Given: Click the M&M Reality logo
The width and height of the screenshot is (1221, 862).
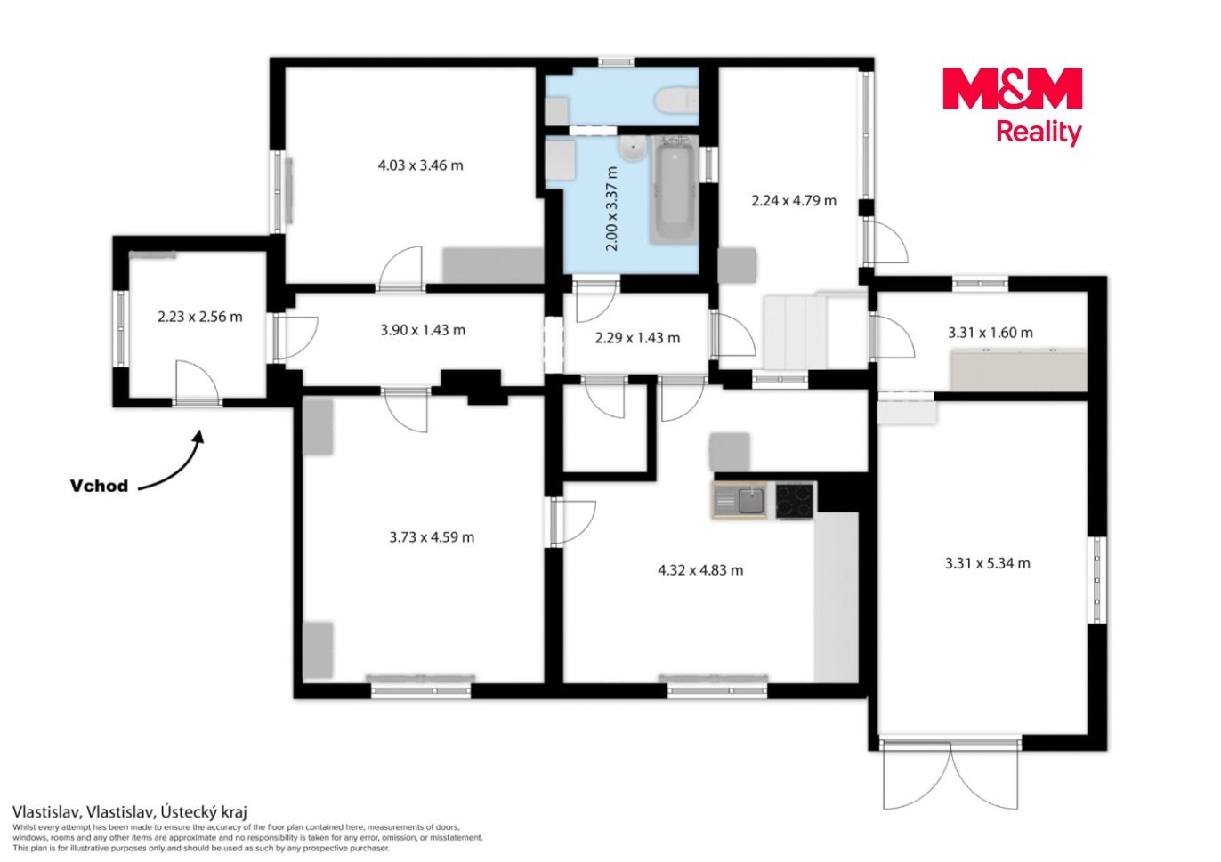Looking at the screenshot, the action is click(1012, 106).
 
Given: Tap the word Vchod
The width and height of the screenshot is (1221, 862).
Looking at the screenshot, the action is click(99, 486).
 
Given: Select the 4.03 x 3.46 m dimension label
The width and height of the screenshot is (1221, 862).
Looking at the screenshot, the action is click(420, 165).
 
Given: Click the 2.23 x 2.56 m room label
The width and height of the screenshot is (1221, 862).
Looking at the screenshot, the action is click(200, 317).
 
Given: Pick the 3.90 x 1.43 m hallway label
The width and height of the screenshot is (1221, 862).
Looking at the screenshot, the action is click(423, 330).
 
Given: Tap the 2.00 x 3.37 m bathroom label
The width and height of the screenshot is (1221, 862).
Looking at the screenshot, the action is click(612, 209).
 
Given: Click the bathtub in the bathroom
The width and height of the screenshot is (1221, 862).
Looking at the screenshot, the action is click(675, 189).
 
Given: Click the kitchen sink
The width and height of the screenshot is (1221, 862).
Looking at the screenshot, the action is click(740, 501).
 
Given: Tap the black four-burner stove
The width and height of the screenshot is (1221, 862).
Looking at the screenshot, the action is click(796, 501).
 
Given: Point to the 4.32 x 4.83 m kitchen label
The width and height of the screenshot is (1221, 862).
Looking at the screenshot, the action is click(700, 570).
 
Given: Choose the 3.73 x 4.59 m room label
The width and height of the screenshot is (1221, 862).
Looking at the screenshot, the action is click(432, 537).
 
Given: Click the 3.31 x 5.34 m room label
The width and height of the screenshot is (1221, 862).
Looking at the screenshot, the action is click(988, 563).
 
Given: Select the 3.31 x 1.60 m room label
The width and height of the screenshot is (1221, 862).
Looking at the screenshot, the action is click(991, 333).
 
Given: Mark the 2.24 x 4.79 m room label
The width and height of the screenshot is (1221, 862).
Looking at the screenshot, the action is click(794, 200).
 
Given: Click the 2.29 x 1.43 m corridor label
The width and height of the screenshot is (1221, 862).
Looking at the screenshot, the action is click(637, 338).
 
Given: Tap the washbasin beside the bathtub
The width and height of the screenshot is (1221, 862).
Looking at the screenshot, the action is click(633, 149).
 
